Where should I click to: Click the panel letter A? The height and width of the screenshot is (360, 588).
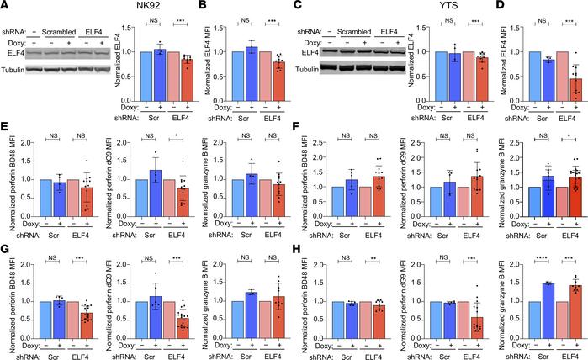point(5,8)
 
